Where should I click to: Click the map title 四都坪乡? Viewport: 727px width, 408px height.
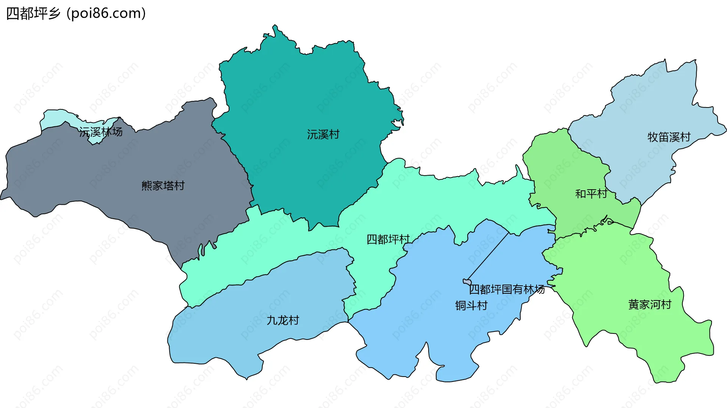coord(33,14)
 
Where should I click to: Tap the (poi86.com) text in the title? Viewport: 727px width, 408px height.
coord(106,14)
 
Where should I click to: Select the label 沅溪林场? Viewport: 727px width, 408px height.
coord(101,132)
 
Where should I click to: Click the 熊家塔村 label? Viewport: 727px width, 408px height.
coord(163,185)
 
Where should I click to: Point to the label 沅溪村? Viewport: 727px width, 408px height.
coord(323,134)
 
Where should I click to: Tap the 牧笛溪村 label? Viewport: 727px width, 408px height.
coord(669,137)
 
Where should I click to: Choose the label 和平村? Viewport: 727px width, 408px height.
coord(591,194)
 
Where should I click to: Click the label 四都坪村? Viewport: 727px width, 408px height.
coord(388,239)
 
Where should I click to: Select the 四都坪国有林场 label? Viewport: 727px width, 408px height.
coord(507,290)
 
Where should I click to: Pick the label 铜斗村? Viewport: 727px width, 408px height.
coord(471,305)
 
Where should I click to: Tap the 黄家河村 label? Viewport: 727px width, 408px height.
coord(650,304)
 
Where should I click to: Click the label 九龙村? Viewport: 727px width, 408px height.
coord(283,320)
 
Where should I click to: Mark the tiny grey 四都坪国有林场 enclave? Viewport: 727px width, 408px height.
coord(467,282)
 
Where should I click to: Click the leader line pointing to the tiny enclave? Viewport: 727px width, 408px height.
coord(488,257)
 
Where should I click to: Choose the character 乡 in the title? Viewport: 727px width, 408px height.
coord(54,14)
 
